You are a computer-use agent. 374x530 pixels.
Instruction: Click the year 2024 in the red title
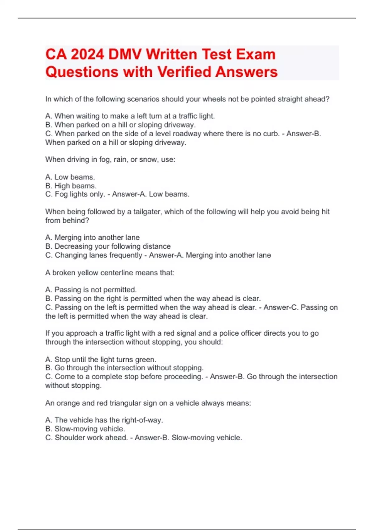(x=87, y=54)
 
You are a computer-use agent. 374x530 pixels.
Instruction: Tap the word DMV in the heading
(x=125, y=54)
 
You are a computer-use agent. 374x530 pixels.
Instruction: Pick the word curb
(x=271, y=134)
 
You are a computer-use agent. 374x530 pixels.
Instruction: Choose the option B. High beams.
(x=71, y=186)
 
